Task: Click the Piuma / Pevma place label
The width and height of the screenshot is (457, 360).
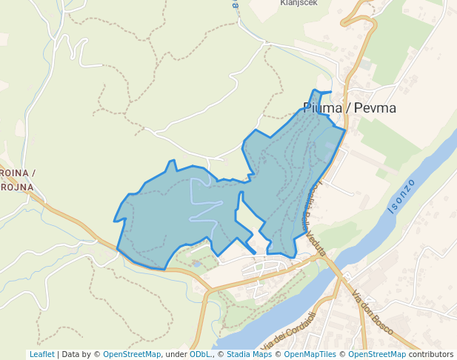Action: (x=349, y=108)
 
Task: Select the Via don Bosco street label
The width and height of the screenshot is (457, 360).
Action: (x=372, y=311)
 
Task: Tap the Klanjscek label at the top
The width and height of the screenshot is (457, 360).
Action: (x=298, y=3)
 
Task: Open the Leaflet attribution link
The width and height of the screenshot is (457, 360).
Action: (x=41, y=354)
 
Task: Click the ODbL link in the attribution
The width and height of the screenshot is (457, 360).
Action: (x=201, y=354)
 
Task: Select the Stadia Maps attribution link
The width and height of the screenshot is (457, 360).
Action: (x=249, y=354)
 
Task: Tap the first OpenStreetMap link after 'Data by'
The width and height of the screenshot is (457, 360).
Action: (x=131, y=354)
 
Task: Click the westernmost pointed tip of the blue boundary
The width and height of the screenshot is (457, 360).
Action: (x=114, y=221)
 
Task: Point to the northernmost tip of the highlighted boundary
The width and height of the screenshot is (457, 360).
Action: (x=316, y=90)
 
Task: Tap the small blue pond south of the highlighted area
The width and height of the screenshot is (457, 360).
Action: (x=197, y=263)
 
